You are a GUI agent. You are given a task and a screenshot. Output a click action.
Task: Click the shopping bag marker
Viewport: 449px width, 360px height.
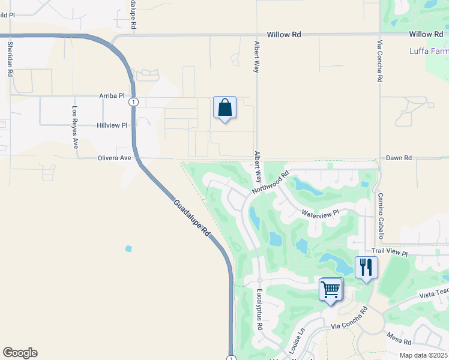tap(224, 108)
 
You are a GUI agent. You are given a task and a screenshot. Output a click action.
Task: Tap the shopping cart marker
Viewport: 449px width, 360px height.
tap(331, 289)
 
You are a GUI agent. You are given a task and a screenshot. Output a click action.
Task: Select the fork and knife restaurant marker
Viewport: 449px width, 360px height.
tap(366, 267)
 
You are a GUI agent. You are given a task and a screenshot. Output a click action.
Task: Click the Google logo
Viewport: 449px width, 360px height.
tap(20, 353)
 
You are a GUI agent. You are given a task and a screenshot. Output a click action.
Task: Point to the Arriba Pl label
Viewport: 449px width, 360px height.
tap(111, 95)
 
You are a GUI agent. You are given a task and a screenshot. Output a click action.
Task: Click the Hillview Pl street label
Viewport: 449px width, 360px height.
tap(112, 125)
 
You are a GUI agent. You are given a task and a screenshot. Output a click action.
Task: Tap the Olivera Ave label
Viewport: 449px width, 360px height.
tap(114, 158)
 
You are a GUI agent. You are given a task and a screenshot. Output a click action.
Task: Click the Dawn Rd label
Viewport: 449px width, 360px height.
tap(399, 158)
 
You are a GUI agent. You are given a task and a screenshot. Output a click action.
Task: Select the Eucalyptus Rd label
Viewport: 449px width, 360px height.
tap(260, 310)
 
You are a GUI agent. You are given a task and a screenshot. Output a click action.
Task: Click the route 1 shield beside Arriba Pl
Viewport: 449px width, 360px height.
tap(133, 102)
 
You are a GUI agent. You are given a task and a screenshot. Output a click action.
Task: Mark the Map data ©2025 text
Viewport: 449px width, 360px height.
tap(423, 355)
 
